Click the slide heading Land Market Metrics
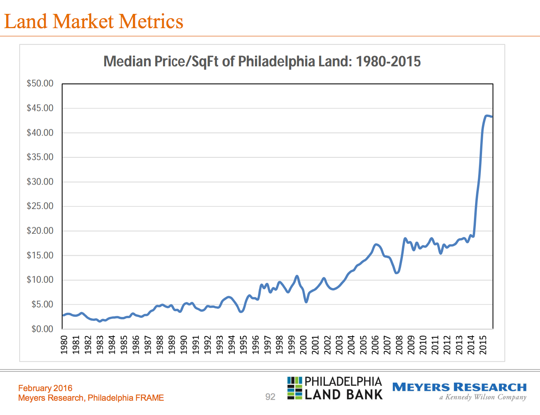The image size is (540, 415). [x=93, y=22]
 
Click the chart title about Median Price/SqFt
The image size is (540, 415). [x=262, y=62]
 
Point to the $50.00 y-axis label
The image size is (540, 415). [x=40, y=84]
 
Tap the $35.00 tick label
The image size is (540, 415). [x=40, y=157]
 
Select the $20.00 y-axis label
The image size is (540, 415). [x=40, y=231]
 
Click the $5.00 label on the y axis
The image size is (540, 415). [x=42, y=304]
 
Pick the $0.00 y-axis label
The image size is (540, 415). [x=42, y=329]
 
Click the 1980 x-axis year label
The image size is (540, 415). [x=64, y=344]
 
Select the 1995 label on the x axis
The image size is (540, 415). [x=244, y=344]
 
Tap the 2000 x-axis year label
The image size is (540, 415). [x=304, y=344]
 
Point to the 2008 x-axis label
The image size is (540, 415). [x=399, y=344]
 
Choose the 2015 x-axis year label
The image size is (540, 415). [x=483, y=344]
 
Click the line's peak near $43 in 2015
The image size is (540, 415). [x=487, y=116]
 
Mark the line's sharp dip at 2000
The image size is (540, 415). [x=306, y=302]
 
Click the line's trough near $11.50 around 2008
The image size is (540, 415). [x=397, y=273]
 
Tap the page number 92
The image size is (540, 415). [x=270, y=397]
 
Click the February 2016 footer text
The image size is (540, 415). [x=45, y=388]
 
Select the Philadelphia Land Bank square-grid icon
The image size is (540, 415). [x=294, y=388]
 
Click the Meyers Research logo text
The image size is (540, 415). [x=459, y=387]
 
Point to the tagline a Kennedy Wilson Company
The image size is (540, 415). [x=483, y=397]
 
